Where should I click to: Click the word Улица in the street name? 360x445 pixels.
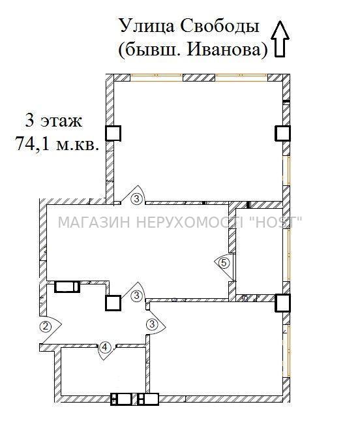click(x=147, y=26)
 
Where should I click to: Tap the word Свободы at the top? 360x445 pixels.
click(x=220, y=26)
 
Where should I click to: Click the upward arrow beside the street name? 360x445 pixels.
click(x=280, y=38)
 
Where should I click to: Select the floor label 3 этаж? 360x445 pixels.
click(x=53, y=120)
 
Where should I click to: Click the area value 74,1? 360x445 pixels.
click(x=34, y=144)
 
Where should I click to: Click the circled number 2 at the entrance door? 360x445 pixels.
click(x=46, y=326)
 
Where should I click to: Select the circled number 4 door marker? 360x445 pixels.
click(x=105, y=347)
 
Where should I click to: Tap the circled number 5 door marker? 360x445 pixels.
click(x=224, y=263)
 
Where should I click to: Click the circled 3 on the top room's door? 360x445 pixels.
click(x=137, y=198)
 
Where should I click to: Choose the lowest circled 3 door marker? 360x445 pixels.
click(x=153, y=324)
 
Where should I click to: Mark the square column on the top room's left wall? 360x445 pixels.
click(x=113, y=133)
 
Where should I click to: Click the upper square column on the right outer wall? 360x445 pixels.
click(x=282, y=133)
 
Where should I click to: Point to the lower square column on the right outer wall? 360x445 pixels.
click(x=282, y=303)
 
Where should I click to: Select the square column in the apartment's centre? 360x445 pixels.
click(x=113, y=303)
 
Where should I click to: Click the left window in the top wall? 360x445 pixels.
click(x=157, y=78)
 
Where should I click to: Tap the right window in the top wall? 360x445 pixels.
click(x=241, y=78)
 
